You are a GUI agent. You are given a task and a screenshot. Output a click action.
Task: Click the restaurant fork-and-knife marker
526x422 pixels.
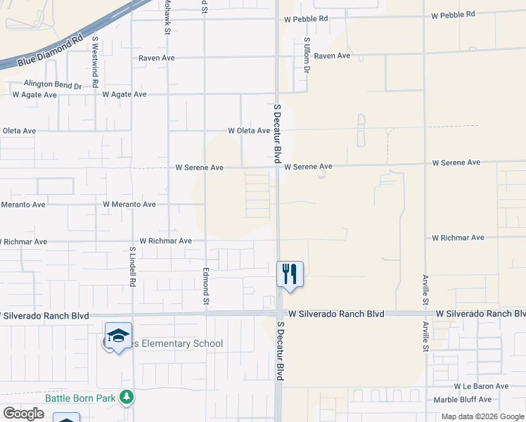point(289,273)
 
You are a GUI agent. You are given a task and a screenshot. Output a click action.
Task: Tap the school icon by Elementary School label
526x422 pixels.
point(119,335)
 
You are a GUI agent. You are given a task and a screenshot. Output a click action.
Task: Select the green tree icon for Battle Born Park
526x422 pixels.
point(127,398)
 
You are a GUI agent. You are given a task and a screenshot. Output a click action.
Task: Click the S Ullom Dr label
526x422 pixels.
point(307,56)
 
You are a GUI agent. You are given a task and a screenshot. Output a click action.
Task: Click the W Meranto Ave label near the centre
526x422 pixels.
point(129,205)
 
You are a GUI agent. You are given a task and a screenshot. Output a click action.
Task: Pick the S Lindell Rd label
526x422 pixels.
point(131,265)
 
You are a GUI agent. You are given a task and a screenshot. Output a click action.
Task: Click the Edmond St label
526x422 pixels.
point(206,288)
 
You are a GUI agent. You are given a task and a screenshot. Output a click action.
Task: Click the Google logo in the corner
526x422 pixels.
point(23,414)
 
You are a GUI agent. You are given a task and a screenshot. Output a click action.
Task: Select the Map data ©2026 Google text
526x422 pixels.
point(483,416)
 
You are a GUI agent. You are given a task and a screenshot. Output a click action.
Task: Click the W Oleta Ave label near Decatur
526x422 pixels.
point(249,131)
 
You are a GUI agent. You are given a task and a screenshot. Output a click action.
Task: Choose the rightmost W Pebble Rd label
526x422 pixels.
point(453,14)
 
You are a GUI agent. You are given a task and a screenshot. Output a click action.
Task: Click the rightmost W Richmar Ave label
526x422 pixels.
point(458,238)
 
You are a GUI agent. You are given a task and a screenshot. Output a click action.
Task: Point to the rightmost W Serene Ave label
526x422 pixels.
point(456,162)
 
